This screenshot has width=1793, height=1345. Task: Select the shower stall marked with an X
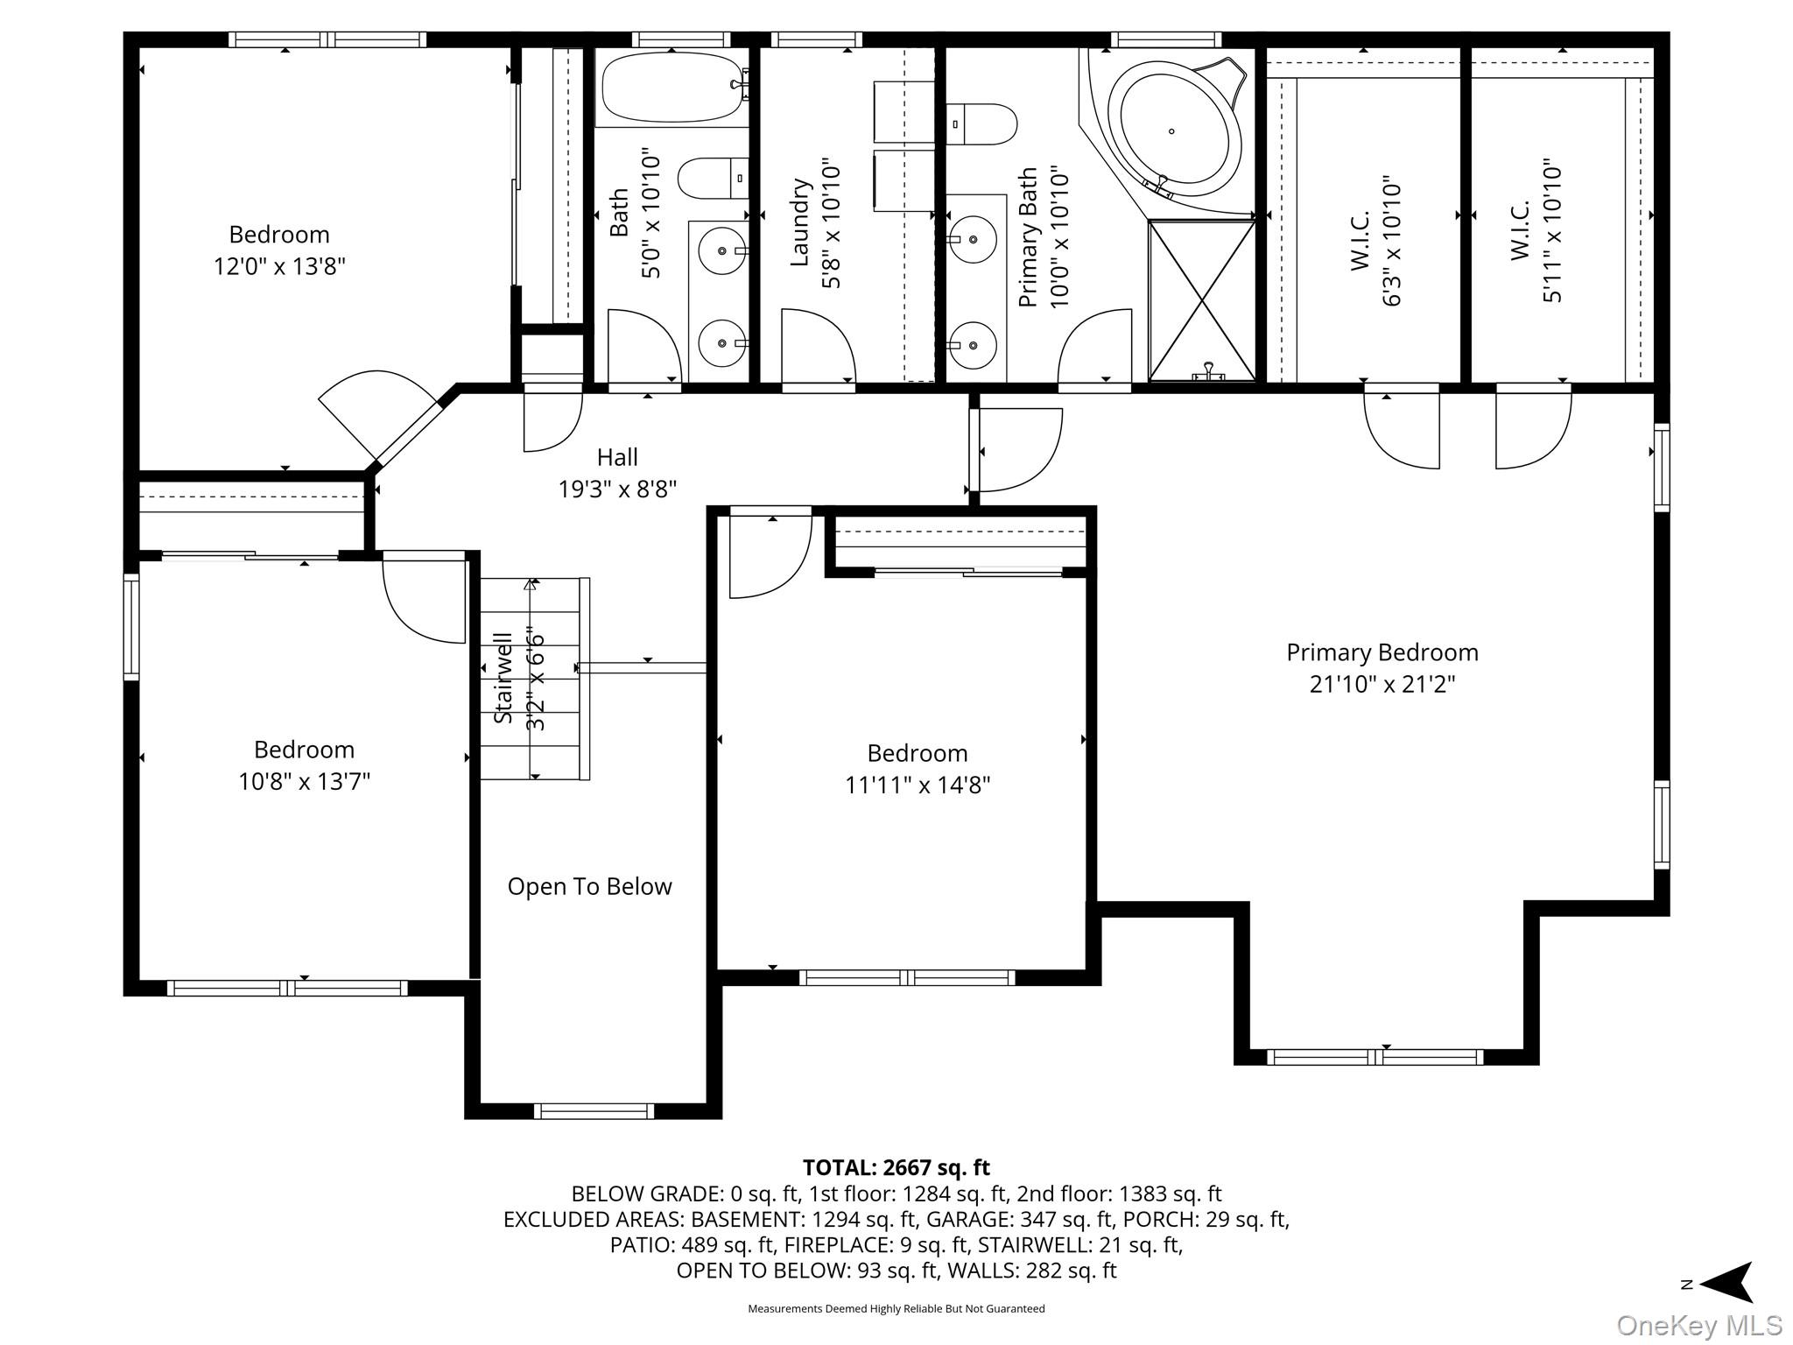coord(1202,300)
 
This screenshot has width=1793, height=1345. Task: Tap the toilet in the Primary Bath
coord(981,124)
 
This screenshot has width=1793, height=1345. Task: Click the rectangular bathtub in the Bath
coord(671,87)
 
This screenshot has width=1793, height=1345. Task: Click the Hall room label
coord(617,457)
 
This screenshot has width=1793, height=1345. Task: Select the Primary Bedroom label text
coord(1382,652)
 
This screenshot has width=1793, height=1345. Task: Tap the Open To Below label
coord(590,887)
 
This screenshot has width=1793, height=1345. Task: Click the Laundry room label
coord(800,222)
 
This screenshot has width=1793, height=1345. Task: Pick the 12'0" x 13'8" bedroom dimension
coord(280,266)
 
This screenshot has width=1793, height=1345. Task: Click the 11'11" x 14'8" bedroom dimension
coord(918,785)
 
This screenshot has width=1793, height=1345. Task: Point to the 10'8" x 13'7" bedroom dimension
coord(305,781)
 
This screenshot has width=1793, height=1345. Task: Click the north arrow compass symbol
coord(1719,1284)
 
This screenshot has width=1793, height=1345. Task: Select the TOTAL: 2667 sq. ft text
coord(896,1168)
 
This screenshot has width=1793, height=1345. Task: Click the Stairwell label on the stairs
coord(503,678)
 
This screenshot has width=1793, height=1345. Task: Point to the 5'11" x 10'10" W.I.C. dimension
coord(1552,230)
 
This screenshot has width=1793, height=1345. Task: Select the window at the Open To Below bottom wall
coord(594,1111)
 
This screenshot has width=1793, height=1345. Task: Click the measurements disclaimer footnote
coord(896,1309)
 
